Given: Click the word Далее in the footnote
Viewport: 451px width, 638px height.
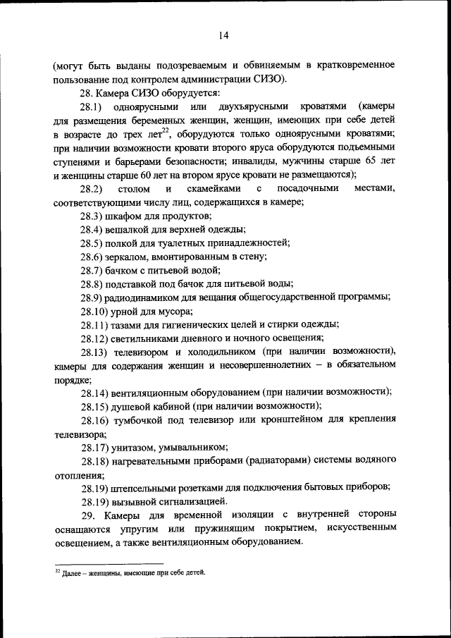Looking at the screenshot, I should (x=73, y=573).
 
